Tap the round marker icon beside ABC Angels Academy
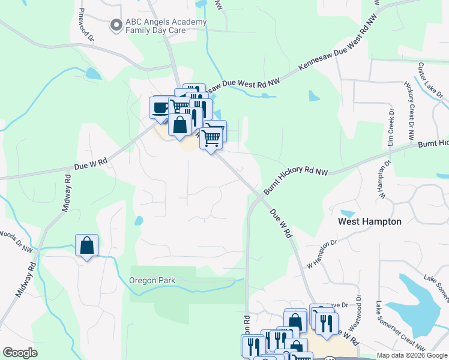pyautogui.click(x=116, y=25)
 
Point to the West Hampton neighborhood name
pyautogui.click(x=370, y=221)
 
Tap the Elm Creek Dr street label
pyautogui.click(x=390, y=128)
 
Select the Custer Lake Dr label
pyautogui.click(x=430, y=80)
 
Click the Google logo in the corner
pyautogui.click(x=20, y=353)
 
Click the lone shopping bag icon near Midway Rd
pyautogui.click(x=87, y=245)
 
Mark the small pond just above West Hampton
pyautogui.click(x=347, y=213)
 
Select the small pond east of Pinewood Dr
pyautogui.click(x=93, y=74)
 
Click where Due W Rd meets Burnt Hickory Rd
pyautogui.click(x=259, y=196)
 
